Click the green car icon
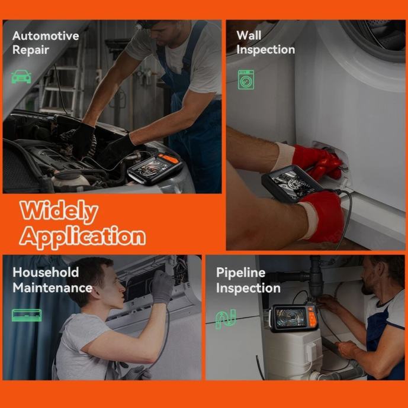pyautogui.click(x=21, y=76)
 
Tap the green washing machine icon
pyautogui.click(x=246, y=80)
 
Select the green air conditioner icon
pyautogui.click(x=27, y=315)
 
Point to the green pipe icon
pyautogui.click(x=226, y=319)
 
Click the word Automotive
pyautogui.click(x=46, y=36)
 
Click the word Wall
pyautogui.click(x=249, y=35)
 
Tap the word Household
pyautogui.click(x=46, y=272)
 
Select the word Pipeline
pyautogui.click(x=241, y=273)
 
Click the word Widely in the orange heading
pyautogui.click(x=59, y=211)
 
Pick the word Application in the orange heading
pyautogui.click(x=83, y=237)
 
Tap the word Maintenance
pyautogui.click(x=52, y=288)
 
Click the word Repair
pyautogui.click(x=31, y=50)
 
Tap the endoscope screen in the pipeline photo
pyautogui.click(x=291, y=317)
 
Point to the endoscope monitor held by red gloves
pyautogui.click(x=291, y=183)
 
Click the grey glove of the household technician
pyautogui.click(x=162, y=287)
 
